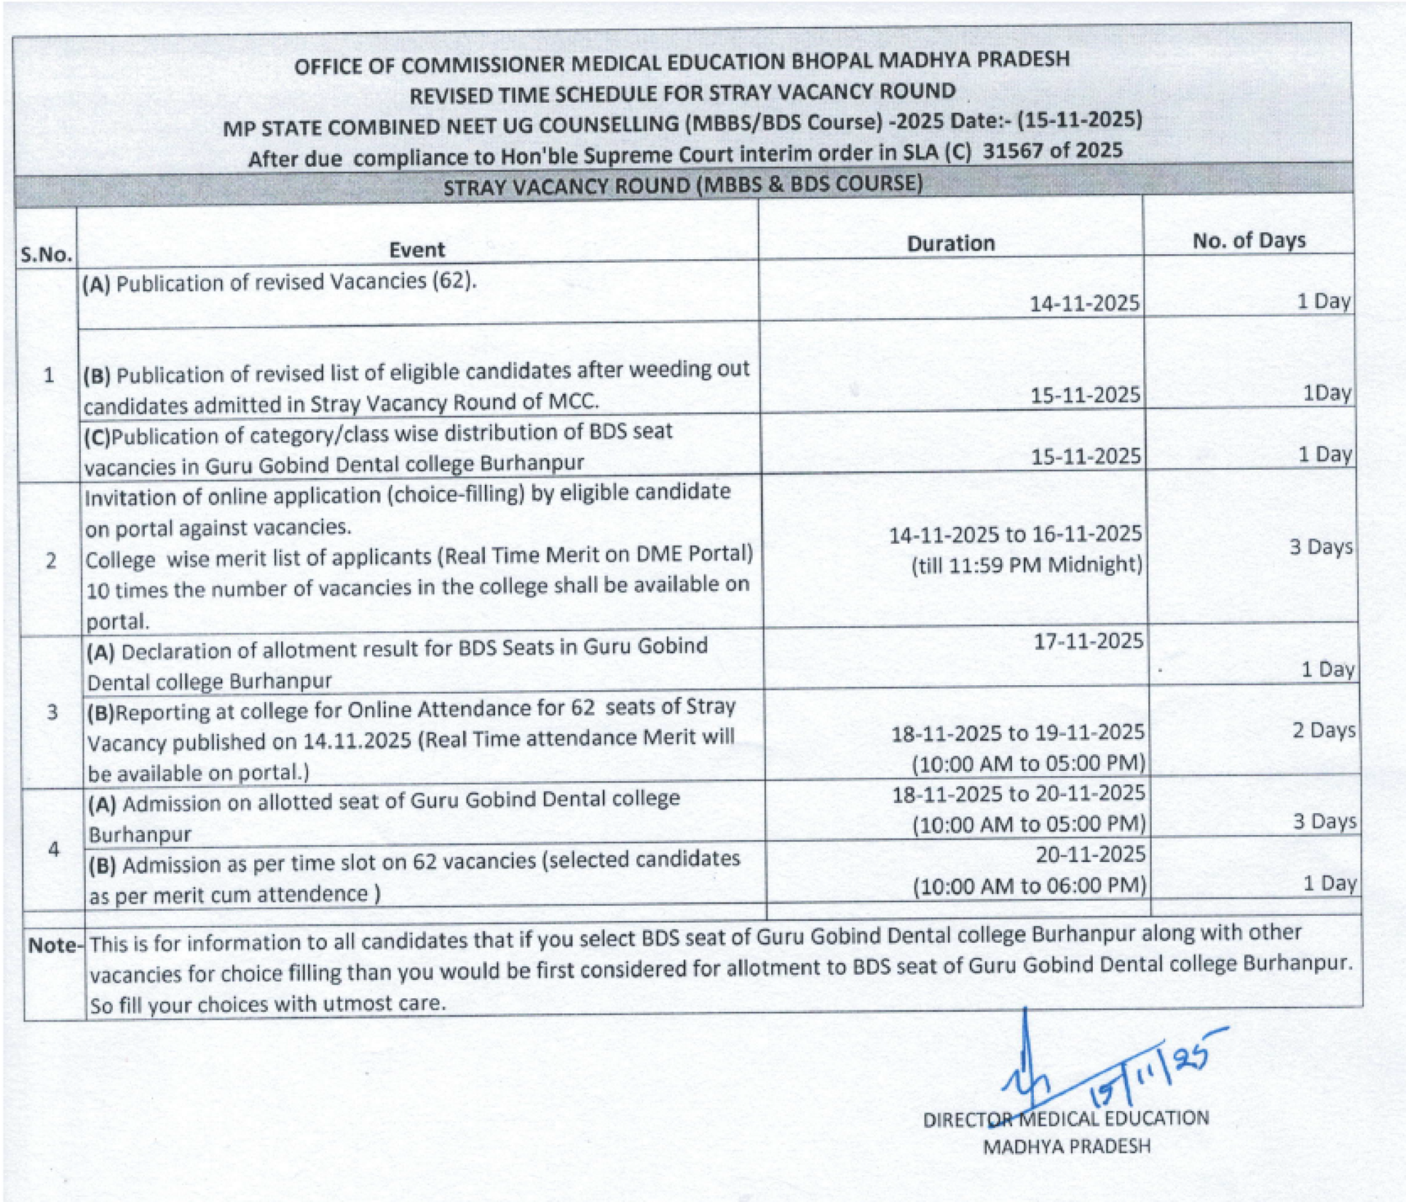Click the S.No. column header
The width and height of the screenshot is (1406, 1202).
pyautogui.click(x=46, y=254)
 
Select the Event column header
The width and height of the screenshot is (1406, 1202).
pyautogui.click(x=417, y=249)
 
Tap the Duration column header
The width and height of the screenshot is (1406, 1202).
pyautogui.click(x=950, y=244)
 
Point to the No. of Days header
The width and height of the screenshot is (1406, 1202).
pyautogui.click(x=1248, y=241)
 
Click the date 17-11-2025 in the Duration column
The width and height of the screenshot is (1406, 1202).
pyautogui.click(x=1088, y=641)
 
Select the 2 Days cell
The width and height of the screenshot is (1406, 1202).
pyautogui.click(x=1323, y=730)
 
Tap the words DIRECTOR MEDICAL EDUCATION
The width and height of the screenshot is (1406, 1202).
pyautogui.click(x=1065, y=1119)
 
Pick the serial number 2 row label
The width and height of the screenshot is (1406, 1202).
pyautogui.click(x=50, y=561)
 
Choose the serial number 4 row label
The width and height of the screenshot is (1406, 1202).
pyautogui.click(x=53, y=848)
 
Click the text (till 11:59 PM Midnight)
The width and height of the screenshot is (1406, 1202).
pyautogui.click(x=1027, y=565)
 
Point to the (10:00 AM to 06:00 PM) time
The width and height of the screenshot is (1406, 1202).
pyautogui.click(x=1029, y=885)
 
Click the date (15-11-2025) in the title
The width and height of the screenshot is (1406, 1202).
pyautogui.click(x=1079, y=119)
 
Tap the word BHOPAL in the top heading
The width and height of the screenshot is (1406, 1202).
pyautogui.click(x=834, y=61)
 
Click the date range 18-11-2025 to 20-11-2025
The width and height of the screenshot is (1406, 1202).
pyautogui.click(x=1018, y=794)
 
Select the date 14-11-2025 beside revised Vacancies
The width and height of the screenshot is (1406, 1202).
pyautogui.click(x=1084, y=303)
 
